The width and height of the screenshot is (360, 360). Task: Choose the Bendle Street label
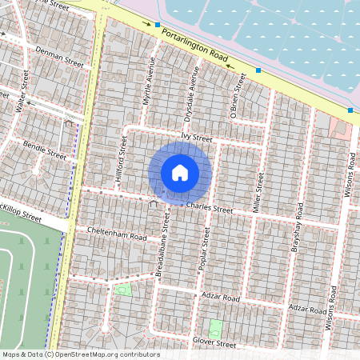[x=45, y=151]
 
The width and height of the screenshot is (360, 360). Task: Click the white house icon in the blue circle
[x=180, y=173]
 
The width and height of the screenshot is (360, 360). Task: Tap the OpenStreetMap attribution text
[x=80, y=354]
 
